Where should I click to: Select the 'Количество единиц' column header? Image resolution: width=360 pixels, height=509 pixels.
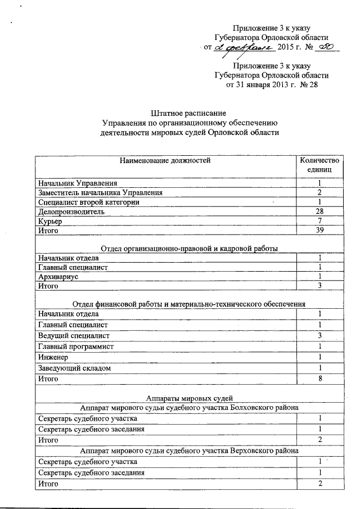coord(319,165)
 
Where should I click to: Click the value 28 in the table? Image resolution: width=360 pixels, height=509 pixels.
coord(319,211)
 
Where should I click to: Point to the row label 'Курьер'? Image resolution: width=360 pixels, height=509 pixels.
coord(49,221)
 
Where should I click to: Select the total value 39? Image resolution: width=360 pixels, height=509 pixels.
coord(319,231)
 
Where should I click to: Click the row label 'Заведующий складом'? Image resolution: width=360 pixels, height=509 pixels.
coord(74,368)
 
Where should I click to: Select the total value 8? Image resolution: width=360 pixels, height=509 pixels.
coord(319,379)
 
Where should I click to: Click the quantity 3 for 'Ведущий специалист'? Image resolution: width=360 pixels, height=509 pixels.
coord(319,336)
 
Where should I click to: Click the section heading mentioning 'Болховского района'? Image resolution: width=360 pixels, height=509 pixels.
coord(188,408)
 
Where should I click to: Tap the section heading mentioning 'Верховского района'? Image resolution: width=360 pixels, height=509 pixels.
coord(188,451)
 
